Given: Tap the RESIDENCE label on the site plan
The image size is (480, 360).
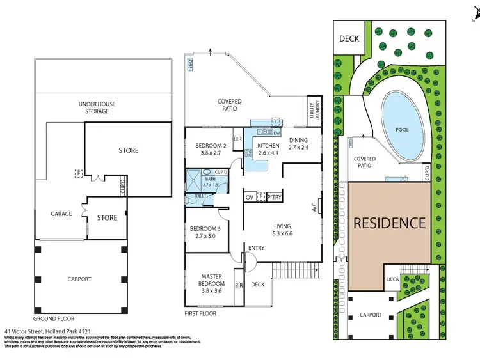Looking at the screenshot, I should [x=389, y=223].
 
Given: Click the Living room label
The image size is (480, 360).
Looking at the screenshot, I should [x=282, y=226].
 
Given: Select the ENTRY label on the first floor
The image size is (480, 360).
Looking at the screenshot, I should [x=257, y=248].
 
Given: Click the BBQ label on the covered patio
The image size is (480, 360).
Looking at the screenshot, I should [x=190, y=65].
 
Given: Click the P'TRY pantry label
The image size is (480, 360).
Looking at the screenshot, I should [x=275, y=197].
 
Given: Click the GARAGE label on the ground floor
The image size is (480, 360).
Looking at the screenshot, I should [x=62, y=214].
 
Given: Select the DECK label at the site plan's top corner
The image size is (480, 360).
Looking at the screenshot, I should [x=349, y=39].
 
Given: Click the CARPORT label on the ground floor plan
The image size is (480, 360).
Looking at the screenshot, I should [x=80, y=279].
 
